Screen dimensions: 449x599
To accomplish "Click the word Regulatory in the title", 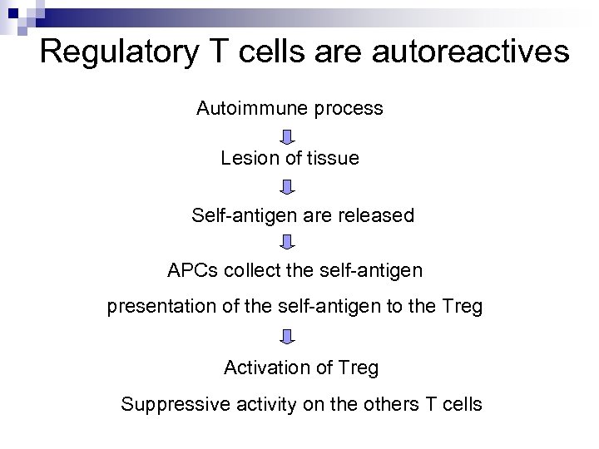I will click(116, 52).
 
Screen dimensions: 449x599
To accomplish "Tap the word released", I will click(374, 215).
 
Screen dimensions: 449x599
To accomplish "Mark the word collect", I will click(254, 270).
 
